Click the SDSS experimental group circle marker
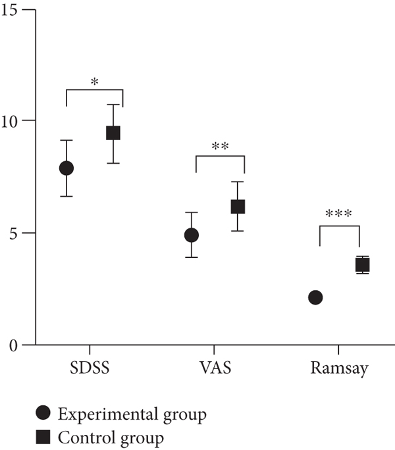tap(66, 168)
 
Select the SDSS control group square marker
tap(113, 134)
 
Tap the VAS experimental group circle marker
tap(191, 235)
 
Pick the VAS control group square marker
tap(238, 207)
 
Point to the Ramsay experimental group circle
tap(315, 297)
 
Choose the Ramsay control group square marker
tap(362, 264)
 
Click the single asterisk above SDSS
tap(95, 82)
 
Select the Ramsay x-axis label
tap(339, 370)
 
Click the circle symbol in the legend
tap(43, 414)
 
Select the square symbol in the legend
tap(43, 436)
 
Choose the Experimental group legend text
tap(132, 414)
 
